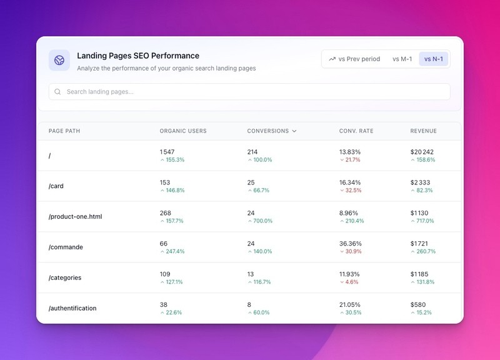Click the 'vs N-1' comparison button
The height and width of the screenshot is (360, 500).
pos(433,59)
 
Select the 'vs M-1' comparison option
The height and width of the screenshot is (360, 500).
pos(402,59)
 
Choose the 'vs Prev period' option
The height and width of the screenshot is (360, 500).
pos(354,59)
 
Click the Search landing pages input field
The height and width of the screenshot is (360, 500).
pos(249,92)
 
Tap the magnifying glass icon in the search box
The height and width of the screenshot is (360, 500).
pos(57,92)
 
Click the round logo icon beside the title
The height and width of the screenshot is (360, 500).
pos(59,60)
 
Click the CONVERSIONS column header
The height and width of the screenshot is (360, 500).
pos(272,131)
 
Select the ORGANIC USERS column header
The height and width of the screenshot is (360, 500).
pos(183,131)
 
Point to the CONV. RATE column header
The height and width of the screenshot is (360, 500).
pos(356,131)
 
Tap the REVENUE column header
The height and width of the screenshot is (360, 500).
pos(424,131)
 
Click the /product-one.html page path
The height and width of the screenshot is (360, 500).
pos(75,216)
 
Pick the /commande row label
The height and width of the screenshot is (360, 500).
pos(66,247)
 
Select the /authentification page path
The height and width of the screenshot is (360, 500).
pos(72,308)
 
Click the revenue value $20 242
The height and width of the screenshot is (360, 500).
pos(422,152)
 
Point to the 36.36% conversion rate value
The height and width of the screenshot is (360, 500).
pos(351,244)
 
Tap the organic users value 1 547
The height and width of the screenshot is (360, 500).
pos(167,152)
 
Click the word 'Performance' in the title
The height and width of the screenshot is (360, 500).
pos(175,56)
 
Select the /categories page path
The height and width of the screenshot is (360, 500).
pos(65,277)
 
